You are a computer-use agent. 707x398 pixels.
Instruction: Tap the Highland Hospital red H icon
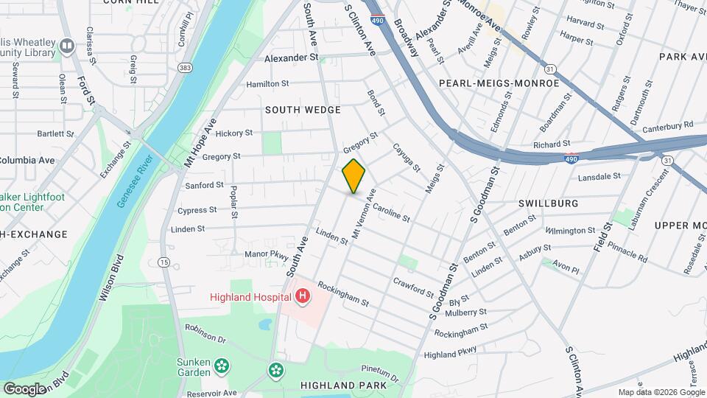(x=302, y=296)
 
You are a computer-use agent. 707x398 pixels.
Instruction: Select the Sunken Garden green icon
(x=222, y=366)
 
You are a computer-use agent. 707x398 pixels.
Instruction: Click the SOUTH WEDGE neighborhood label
(x=303, y=110)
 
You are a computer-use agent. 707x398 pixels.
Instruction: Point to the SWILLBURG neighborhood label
(x=547, y=203)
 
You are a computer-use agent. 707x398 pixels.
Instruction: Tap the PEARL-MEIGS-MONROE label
(x=499, y=83)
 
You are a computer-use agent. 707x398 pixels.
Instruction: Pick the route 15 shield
(x=163, y=262)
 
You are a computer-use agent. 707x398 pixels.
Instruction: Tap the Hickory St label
(x=234, y=133)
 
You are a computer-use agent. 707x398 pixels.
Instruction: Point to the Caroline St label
(x=390, y=212)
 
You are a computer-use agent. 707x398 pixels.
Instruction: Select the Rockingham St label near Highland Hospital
(x=343, y=294)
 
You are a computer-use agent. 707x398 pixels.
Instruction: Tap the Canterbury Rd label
(x=668, y=126)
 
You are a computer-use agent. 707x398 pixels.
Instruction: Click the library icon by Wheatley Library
(x=67, y=47)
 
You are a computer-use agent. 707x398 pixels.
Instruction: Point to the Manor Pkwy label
(x=267, y=254)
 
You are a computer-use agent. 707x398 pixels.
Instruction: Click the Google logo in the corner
(x=25, y=388)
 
